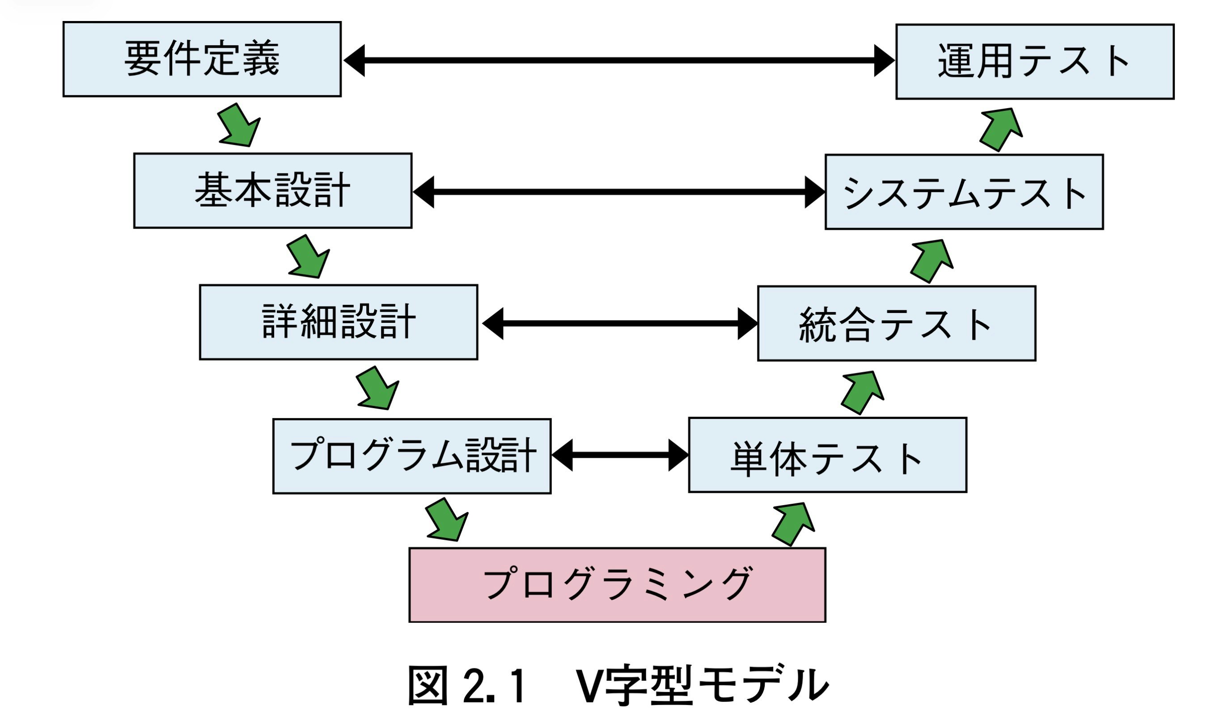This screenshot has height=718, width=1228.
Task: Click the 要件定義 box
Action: [x=202, y=59]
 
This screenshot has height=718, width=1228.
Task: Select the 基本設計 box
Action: [x=272, y=190]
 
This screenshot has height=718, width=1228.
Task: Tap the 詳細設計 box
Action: [x=338, y=322]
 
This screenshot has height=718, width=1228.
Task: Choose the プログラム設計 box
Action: [x=412, y=456]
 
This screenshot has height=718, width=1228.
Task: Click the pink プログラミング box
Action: [x=617, y=584]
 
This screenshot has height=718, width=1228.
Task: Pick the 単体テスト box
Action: [x=827, y=455]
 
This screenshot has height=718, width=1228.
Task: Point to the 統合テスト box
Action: [x=896, y=323]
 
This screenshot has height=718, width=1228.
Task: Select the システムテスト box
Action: [x=964, y=192]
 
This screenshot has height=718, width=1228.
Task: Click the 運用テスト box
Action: [x=1034, y=61]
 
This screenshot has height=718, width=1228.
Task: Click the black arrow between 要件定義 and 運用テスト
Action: [x=619, y=60]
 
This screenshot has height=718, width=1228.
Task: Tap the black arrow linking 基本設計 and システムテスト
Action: [x=619, y=192]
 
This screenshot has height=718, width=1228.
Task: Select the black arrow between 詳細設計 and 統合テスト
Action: [x=619, y=323]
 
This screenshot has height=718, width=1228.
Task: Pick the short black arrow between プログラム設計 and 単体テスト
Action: [x=619, y=455]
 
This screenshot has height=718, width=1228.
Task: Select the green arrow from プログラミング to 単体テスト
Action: [x=792, y=524]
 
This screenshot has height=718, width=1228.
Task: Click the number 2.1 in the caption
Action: [x=494, y=686]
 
